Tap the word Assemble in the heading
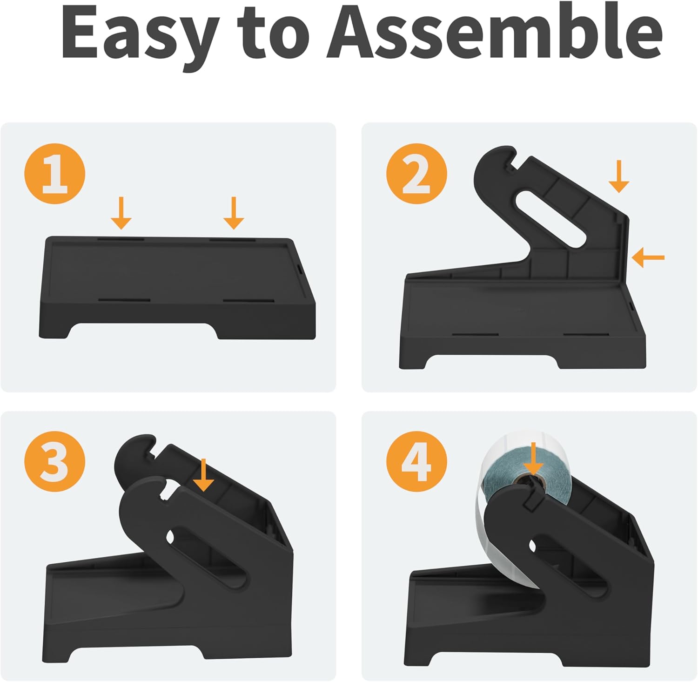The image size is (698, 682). tap(494, 33)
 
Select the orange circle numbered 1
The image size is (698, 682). tap(55, 173)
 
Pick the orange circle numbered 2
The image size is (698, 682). tap(416, 173)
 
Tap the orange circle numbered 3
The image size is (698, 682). tap(55, 461)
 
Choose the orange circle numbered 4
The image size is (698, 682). tap(416, 461)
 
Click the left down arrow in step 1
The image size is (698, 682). tap(121, 213)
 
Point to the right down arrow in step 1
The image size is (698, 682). tap(234, 213)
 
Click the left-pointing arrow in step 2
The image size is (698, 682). tap(648, 257)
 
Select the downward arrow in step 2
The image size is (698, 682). tap(619, 176)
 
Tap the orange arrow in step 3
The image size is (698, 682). tap(203, 475)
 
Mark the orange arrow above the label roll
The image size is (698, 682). tap(534, 459)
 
